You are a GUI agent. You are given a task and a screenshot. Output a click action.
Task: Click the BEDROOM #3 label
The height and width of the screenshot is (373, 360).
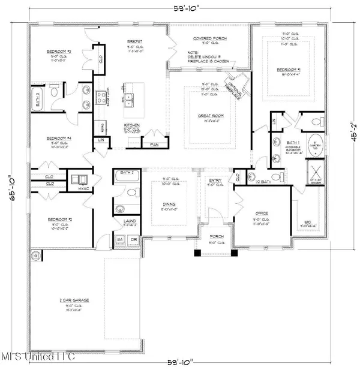(x=59, y=52)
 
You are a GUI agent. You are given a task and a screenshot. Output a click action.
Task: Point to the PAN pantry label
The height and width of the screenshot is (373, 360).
(x=147, y=145)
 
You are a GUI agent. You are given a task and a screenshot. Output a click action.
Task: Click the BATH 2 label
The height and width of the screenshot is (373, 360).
(x=125, y=173)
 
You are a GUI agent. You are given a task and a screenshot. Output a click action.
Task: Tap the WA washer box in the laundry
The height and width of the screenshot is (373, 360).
(x=119, y=239)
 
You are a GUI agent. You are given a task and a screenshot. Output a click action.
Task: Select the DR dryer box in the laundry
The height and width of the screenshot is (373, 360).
(x=133, y=239)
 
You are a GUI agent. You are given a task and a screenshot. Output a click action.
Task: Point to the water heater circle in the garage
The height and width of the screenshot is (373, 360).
(x=35, y=257)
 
